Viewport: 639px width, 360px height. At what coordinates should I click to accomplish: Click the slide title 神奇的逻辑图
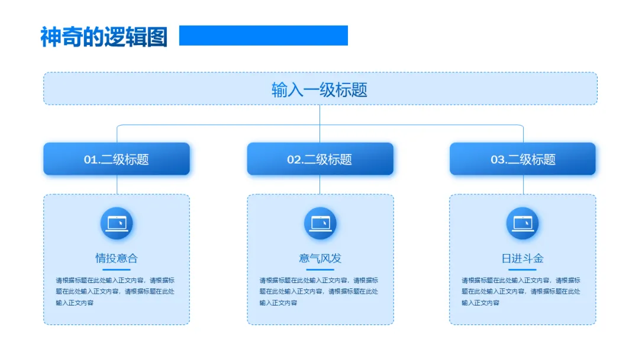(x=104, y=37)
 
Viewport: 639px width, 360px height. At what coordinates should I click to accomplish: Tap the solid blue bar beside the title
(x=263, y=36)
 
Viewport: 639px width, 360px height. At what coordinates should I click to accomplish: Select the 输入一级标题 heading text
(x=319, y=89)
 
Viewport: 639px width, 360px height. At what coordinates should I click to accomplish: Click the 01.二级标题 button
(x=117, y=159)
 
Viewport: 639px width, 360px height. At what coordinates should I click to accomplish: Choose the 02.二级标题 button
(x=320, y=159)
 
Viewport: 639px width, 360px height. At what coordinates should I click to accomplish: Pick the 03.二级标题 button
(x=523, y=159)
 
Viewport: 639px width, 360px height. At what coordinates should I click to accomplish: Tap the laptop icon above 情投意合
(x=117, y=223)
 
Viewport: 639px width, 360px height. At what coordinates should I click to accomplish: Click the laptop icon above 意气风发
(x=320, y=223)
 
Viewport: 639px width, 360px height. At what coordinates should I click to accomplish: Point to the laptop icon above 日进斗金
(x=522, y=223)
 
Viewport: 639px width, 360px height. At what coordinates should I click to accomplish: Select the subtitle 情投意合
(x=117, y=258)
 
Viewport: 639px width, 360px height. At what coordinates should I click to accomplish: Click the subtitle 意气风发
(x=320, y=258)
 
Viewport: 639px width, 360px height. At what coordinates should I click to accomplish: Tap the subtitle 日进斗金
(x=522, y=258)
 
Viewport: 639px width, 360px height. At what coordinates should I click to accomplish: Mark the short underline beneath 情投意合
(x=117, y=269)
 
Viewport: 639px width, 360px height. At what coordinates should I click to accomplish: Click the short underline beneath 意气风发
(x=320, y=269)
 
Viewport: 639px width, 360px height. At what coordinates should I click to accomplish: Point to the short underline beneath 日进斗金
(x=522, y=269)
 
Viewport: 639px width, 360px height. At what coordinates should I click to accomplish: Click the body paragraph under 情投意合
(x=115, y=291)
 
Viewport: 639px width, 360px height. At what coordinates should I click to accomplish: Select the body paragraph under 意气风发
(x=319, y=291)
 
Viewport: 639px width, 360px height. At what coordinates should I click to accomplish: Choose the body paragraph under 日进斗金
(x=521, y=291)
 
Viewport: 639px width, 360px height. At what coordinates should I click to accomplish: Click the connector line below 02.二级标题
(x=320, y=185)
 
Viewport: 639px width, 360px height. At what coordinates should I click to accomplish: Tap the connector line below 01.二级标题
(x=117, y=185)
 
